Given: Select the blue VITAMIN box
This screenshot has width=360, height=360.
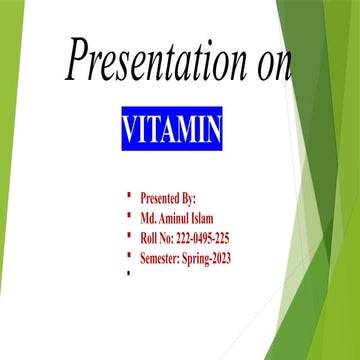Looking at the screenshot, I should (172, 131).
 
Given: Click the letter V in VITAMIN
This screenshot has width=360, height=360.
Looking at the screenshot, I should (129, 131).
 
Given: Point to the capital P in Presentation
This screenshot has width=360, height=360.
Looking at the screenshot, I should (78, 60).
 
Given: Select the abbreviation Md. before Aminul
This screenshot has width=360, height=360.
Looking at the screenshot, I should (148, 217).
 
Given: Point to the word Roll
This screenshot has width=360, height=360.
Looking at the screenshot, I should (150, 237).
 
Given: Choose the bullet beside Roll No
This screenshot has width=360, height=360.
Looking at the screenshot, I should (129, 234).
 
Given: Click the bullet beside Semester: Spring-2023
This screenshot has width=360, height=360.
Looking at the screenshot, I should (129, 254).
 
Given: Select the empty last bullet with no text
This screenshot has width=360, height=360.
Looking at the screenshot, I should (129, 273).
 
